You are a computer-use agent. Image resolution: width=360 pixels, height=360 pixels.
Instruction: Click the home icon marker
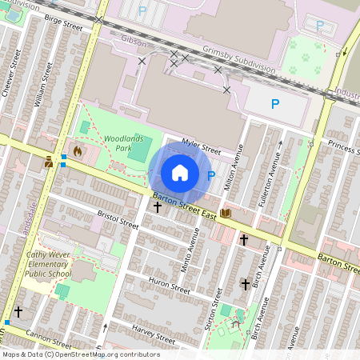point(180,173)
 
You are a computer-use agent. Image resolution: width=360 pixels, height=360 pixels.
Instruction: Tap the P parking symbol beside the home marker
point(211,175)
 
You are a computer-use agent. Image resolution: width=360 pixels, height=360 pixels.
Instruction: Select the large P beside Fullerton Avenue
point(275,104)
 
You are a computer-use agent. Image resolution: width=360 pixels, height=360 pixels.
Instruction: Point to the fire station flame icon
point(78,150)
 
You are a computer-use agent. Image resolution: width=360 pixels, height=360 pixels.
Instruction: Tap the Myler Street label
point(201,146)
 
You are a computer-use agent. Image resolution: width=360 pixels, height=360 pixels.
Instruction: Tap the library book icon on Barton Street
point(226,213)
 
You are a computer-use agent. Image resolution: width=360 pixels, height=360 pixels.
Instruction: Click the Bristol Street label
point(118,220)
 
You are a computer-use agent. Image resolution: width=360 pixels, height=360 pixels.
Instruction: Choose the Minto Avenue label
point(190,250)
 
